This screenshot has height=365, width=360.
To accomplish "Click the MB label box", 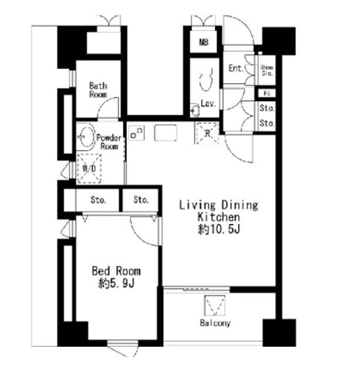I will click(x=203, y=42).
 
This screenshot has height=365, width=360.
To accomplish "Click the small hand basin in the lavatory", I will click(x=195, y=109).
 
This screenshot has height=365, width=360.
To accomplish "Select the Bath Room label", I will click(x=97, y=90).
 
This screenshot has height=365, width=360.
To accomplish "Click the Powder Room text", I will click(x=110, y=142).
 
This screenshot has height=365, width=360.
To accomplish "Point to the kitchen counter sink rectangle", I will click(x=165, y=133).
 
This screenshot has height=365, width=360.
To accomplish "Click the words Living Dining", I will click(x=218, y=205).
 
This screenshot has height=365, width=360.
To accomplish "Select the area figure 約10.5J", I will click(x=218, y=230).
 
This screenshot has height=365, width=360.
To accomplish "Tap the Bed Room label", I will click(x=116, y=271).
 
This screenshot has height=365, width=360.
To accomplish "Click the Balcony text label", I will click(x=215, y=323).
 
